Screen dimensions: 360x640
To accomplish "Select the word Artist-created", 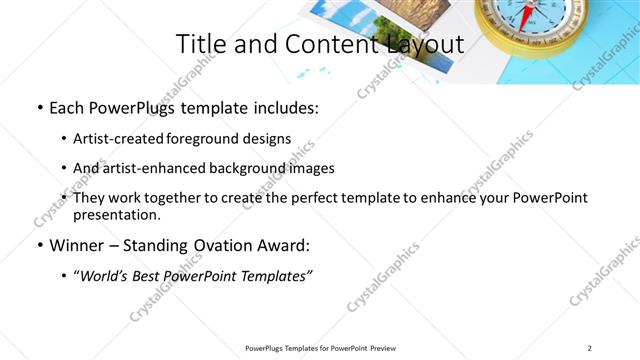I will (119, 139).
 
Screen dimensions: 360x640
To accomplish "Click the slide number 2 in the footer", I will (590, 348).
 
